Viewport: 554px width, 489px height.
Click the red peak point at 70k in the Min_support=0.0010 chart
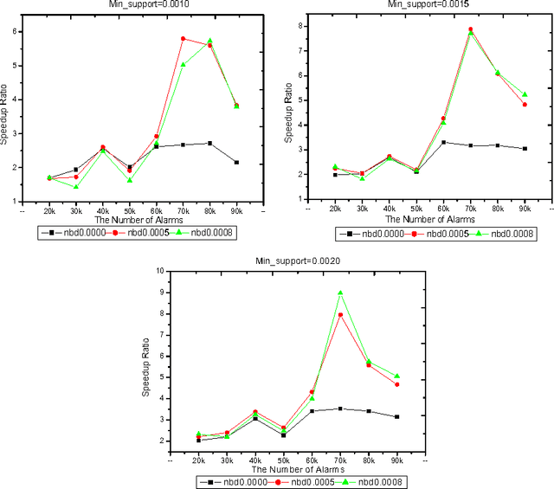tap(183, 39)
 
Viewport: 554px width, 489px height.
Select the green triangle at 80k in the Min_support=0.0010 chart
tap(209, 41)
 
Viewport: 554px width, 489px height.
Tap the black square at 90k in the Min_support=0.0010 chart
tap(236, 162)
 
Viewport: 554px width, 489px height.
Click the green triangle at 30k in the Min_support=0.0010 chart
tap(76, 186)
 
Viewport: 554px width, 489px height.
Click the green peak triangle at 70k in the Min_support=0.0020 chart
tap(340, 293)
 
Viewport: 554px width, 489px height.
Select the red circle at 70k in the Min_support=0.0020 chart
tap(340, 314)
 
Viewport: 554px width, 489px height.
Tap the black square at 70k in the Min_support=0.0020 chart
tap(340, 409)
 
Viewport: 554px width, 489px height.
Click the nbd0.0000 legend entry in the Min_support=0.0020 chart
tap(219, 481)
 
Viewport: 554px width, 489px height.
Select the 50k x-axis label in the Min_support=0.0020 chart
tap(284, 458)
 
